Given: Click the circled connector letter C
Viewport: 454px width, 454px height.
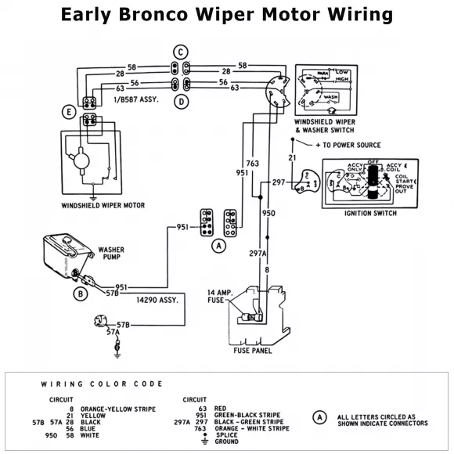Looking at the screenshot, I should tap(181, 52).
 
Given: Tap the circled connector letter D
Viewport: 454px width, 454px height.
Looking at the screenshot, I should tap(181, 102).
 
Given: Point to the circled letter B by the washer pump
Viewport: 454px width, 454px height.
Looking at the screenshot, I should tap(79, 294).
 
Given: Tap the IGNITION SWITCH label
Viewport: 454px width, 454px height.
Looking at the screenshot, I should tap(370, 213).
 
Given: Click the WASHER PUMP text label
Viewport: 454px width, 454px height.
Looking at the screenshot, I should tap(111, 255).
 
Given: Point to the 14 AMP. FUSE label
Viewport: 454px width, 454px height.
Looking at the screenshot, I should tap(222, 296).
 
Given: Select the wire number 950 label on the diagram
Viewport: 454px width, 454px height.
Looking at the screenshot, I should tap(268, 212).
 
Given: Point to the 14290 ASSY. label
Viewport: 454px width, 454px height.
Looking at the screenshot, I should tap(157, 299).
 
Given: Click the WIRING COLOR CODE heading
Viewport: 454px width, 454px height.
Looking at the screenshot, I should tap(102, 384).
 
